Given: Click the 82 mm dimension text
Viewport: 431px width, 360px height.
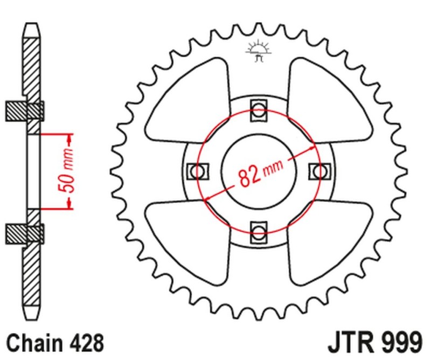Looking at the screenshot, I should tap(261, 174).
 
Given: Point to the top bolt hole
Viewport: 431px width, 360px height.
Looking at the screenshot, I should tap(259, 110).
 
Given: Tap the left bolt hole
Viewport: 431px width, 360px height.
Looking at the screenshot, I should tap(196, 171).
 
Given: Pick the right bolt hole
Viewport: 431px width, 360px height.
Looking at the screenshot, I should tap(319, 171).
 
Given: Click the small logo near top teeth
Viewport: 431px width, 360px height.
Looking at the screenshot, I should tap(258, 51).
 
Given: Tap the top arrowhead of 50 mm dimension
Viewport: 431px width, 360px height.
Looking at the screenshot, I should tap(69, 139).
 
